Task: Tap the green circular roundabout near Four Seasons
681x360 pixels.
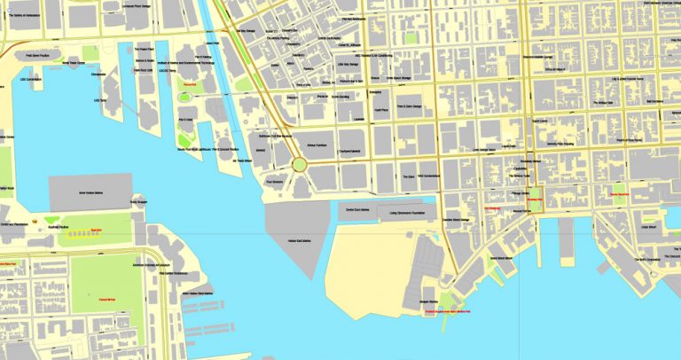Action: (301, 164)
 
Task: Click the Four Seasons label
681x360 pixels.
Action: (274, 184)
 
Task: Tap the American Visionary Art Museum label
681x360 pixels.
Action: (149, 264)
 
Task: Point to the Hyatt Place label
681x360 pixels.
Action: (381, 112)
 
